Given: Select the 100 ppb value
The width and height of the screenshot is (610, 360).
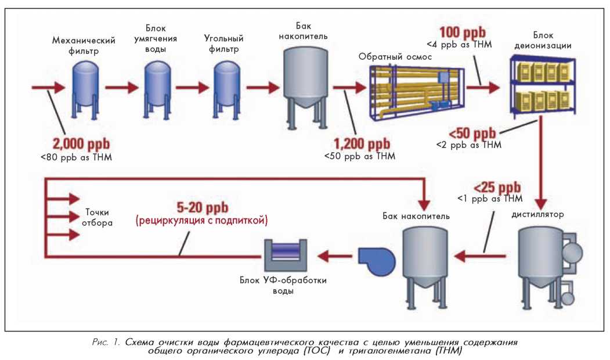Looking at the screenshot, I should point(463,33).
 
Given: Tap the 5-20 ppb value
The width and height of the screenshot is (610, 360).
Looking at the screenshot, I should point(202,207).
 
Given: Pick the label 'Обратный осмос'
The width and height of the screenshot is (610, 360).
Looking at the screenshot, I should point(392,56).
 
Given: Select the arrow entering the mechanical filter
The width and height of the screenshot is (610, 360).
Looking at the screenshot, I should point(48,88).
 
